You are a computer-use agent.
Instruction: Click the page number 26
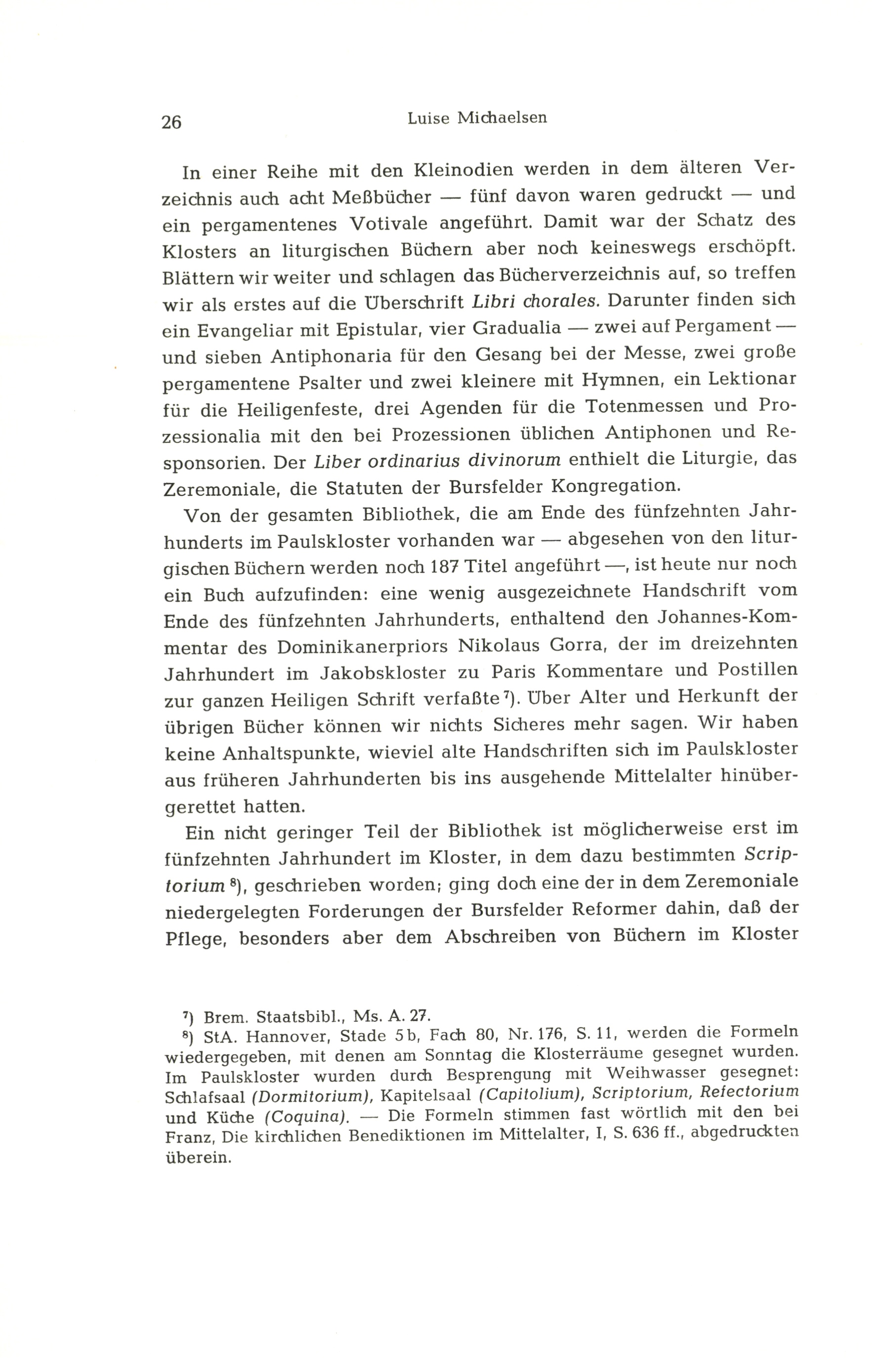tap(171, 121)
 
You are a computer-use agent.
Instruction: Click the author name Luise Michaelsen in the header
tap(477, 118)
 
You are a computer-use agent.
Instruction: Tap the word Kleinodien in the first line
tap(464, 169)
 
